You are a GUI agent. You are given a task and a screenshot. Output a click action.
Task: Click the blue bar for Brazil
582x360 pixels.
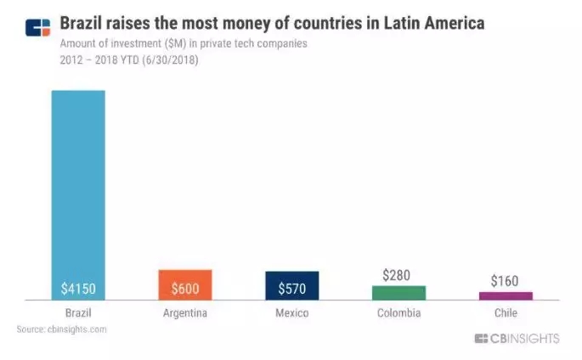pos(78,187)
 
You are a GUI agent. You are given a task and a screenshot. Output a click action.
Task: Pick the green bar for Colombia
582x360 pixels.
pos(398,292)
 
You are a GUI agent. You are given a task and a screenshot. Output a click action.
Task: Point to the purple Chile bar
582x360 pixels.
pos(505,295)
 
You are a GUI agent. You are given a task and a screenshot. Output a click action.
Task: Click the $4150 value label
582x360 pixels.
pos(78,289)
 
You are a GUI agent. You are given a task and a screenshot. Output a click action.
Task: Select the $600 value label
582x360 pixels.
pos(184,289)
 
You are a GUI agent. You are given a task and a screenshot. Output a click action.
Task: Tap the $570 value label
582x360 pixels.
pos(291,289)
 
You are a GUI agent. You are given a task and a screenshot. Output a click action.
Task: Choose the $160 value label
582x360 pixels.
pos(505,281)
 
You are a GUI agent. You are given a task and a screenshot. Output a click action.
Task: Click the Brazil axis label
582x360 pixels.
pos(77,313)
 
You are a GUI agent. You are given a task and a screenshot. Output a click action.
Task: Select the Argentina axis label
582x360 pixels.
pos(184,313)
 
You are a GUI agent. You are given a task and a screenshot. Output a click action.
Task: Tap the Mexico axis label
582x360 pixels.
pos(291,313)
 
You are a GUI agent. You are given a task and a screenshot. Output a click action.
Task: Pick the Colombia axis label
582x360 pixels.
pos(398,313)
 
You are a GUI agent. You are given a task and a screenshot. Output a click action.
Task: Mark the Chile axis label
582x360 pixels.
pos(505,313)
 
